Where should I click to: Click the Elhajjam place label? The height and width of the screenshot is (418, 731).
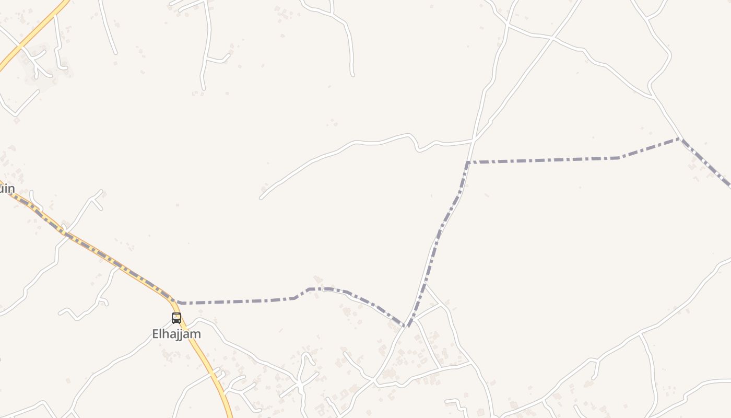176,334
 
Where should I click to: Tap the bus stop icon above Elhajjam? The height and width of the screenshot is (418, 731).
176,318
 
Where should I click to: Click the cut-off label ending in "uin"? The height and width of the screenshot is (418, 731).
7,189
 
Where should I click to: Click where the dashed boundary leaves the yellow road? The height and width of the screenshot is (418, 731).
178,303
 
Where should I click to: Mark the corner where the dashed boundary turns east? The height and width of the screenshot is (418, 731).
467,162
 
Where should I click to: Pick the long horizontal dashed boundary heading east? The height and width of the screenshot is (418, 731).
543,160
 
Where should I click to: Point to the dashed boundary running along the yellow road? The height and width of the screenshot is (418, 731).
104,256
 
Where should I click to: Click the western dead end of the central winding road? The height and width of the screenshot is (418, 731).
261,198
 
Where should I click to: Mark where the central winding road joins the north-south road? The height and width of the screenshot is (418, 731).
473,140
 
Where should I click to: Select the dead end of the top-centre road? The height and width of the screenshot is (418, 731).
352,75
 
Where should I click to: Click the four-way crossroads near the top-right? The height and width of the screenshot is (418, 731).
552,38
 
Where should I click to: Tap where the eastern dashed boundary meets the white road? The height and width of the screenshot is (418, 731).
680,138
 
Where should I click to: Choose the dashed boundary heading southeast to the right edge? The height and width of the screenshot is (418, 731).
708,165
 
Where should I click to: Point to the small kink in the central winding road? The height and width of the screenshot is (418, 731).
417,147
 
